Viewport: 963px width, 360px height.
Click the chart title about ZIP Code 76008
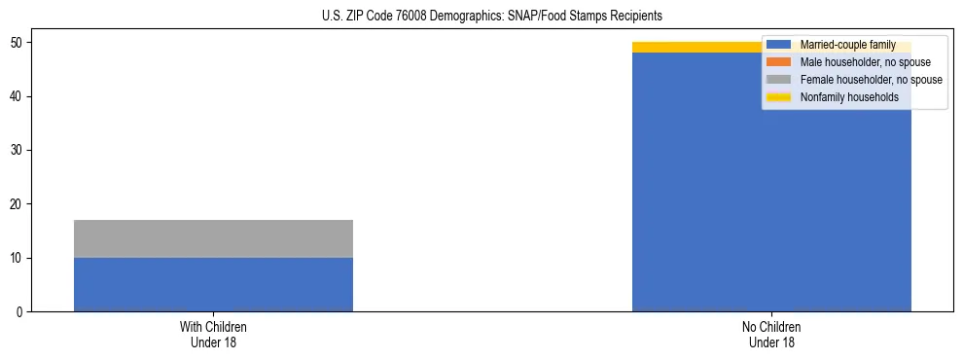click(x=491, y=17)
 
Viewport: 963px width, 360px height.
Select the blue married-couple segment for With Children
click(x=213, y=284)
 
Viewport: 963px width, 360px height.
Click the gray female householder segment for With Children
click(x=213, y=238)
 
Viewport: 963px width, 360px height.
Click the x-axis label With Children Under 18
click(x=213, y=334)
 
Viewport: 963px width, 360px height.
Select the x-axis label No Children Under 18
click(x=771, y=334)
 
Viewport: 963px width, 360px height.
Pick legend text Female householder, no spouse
click(x=871, y=80)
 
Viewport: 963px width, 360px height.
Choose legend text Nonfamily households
click(x=849, y=97)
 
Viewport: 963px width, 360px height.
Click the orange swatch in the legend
click(x=779, y=62)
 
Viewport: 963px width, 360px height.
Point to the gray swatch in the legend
click(x=779, y=80)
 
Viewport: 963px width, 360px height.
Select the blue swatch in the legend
click(x=779, y=45)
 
